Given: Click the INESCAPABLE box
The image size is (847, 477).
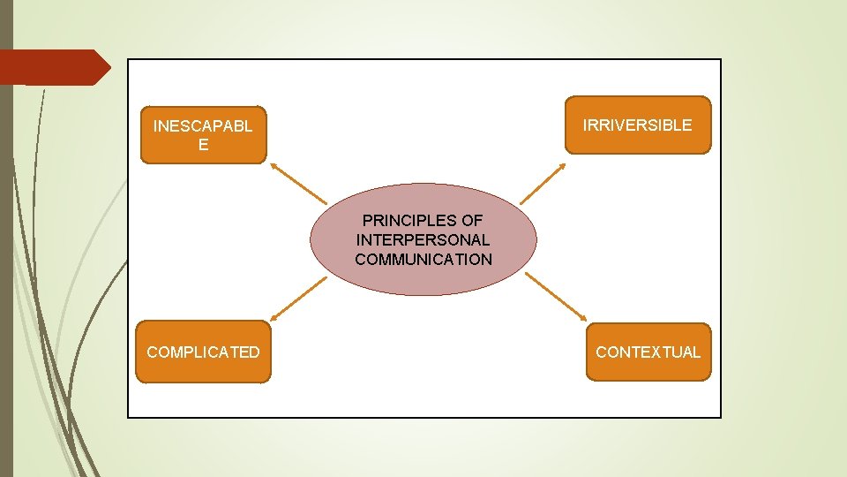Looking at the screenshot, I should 203,135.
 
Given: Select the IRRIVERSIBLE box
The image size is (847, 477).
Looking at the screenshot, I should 637,125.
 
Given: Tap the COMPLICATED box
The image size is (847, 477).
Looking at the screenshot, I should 203,352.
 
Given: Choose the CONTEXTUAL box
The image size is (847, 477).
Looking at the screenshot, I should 648,352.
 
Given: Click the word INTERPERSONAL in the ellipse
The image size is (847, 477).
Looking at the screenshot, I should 423,239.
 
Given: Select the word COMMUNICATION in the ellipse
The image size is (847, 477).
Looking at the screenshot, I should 423,259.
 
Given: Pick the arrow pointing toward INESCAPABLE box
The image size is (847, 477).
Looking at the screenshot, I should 298,183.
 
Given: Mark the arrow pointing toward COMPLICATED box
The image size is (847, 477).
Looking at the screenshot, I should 298,297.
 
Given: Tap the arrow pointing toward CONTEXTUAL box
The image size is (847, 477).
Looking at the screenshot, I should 556,297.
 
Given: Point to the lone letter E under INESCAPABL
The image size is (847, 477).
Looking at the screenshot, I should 204,145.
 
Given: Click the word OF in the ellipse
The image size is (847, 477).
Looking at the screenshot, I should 472,220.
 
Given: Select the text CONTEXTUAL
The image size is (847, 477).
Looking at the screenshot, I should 648,352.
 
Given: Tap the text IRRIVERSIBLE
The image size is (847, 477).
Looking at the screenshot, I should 637,125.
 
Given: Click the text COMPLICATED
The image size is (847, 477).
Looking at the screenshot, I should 203,352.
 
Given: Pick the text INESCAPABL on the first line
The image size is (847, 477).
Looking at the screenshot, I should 203,125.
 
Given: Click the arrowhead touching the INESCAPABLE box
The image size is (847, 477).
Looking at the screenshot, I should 274,166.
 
